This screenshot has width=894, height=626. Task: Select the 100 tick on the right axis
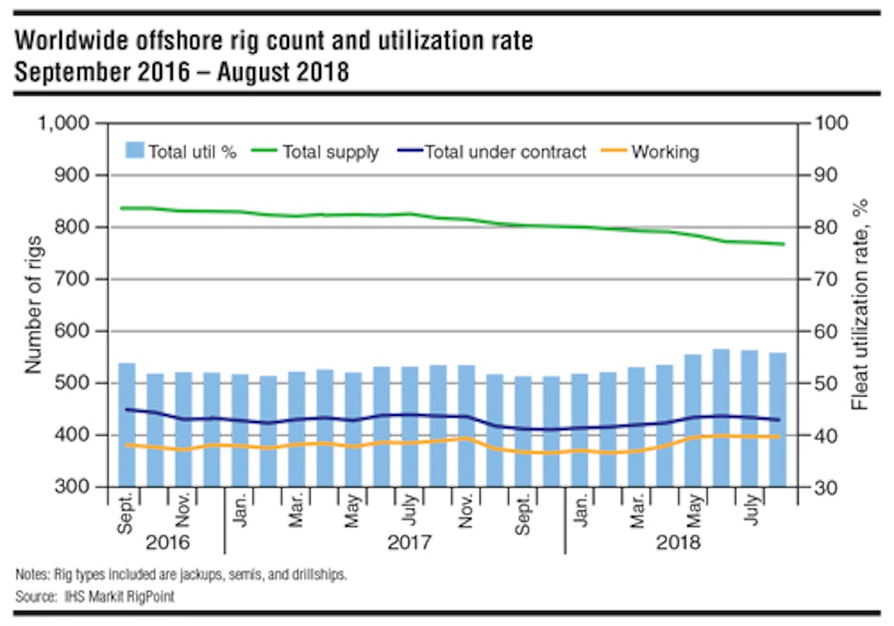[825, 123]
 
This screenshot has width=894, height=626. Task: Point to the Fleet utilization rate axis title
[862, 305]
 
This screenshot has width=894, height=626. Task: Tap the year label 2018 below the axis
[678, 542]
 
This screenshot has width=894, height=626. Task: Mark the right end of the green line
[784, 244]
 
